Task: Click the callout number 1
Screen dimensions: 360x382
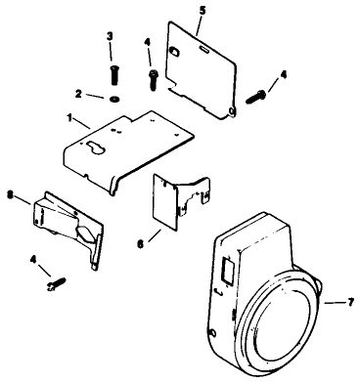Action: pos(68,119)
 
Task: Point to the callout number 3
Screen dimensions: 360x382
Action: pos(109,36)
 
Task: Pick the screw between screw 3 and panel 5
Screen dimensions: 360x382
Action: pos(153,74)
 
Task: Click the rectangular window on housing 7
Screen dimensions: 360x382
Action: pos(226,267)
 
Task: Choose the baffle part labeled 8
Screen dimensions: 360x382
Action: pos(68,225)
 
